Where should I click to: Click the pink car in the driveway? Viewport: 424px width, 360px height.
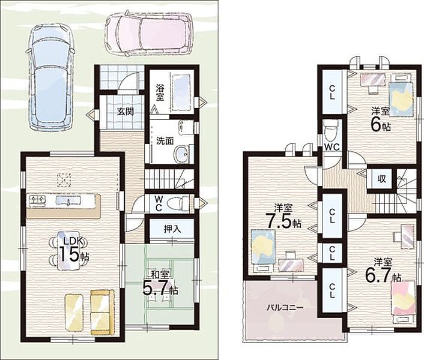(x=150, y=34)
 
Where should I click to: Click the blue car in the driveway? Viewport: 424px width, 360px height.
(x=50, y=77)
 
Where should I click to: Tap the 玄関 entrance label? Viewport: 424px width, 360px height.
(x=126, y=112)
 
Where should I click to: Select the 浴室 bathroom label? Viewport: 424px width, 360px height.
(x=160, y=92)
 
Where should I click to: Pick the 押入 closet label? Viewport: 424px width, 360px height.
(x=172, y=229)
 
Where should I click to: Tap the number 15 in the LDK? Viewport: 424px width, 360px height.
(x=68, y=254)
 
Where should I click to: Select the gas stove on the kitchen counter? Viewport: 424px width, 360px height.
(x=37, y=200)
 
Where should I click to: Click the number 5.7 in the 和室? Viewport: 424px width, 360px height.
(x=156, y=288)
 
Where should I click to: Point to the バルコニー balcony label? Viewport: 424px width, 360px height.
(x=285, y=307)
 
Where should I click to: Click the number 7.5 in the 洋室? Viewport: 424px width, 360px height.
(x=279, y=221)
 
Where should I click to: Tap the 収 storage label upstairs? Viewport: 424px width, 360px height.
(x=382, y=179)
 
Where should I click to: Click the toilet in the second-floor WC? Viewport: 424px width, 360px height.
(x=332, y=131)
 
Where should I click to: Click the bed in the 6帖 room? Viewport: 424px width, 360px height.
(x=401, y=98)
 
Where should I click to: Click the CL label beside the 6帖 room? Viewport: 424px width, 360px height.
(x=332, y=92)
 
